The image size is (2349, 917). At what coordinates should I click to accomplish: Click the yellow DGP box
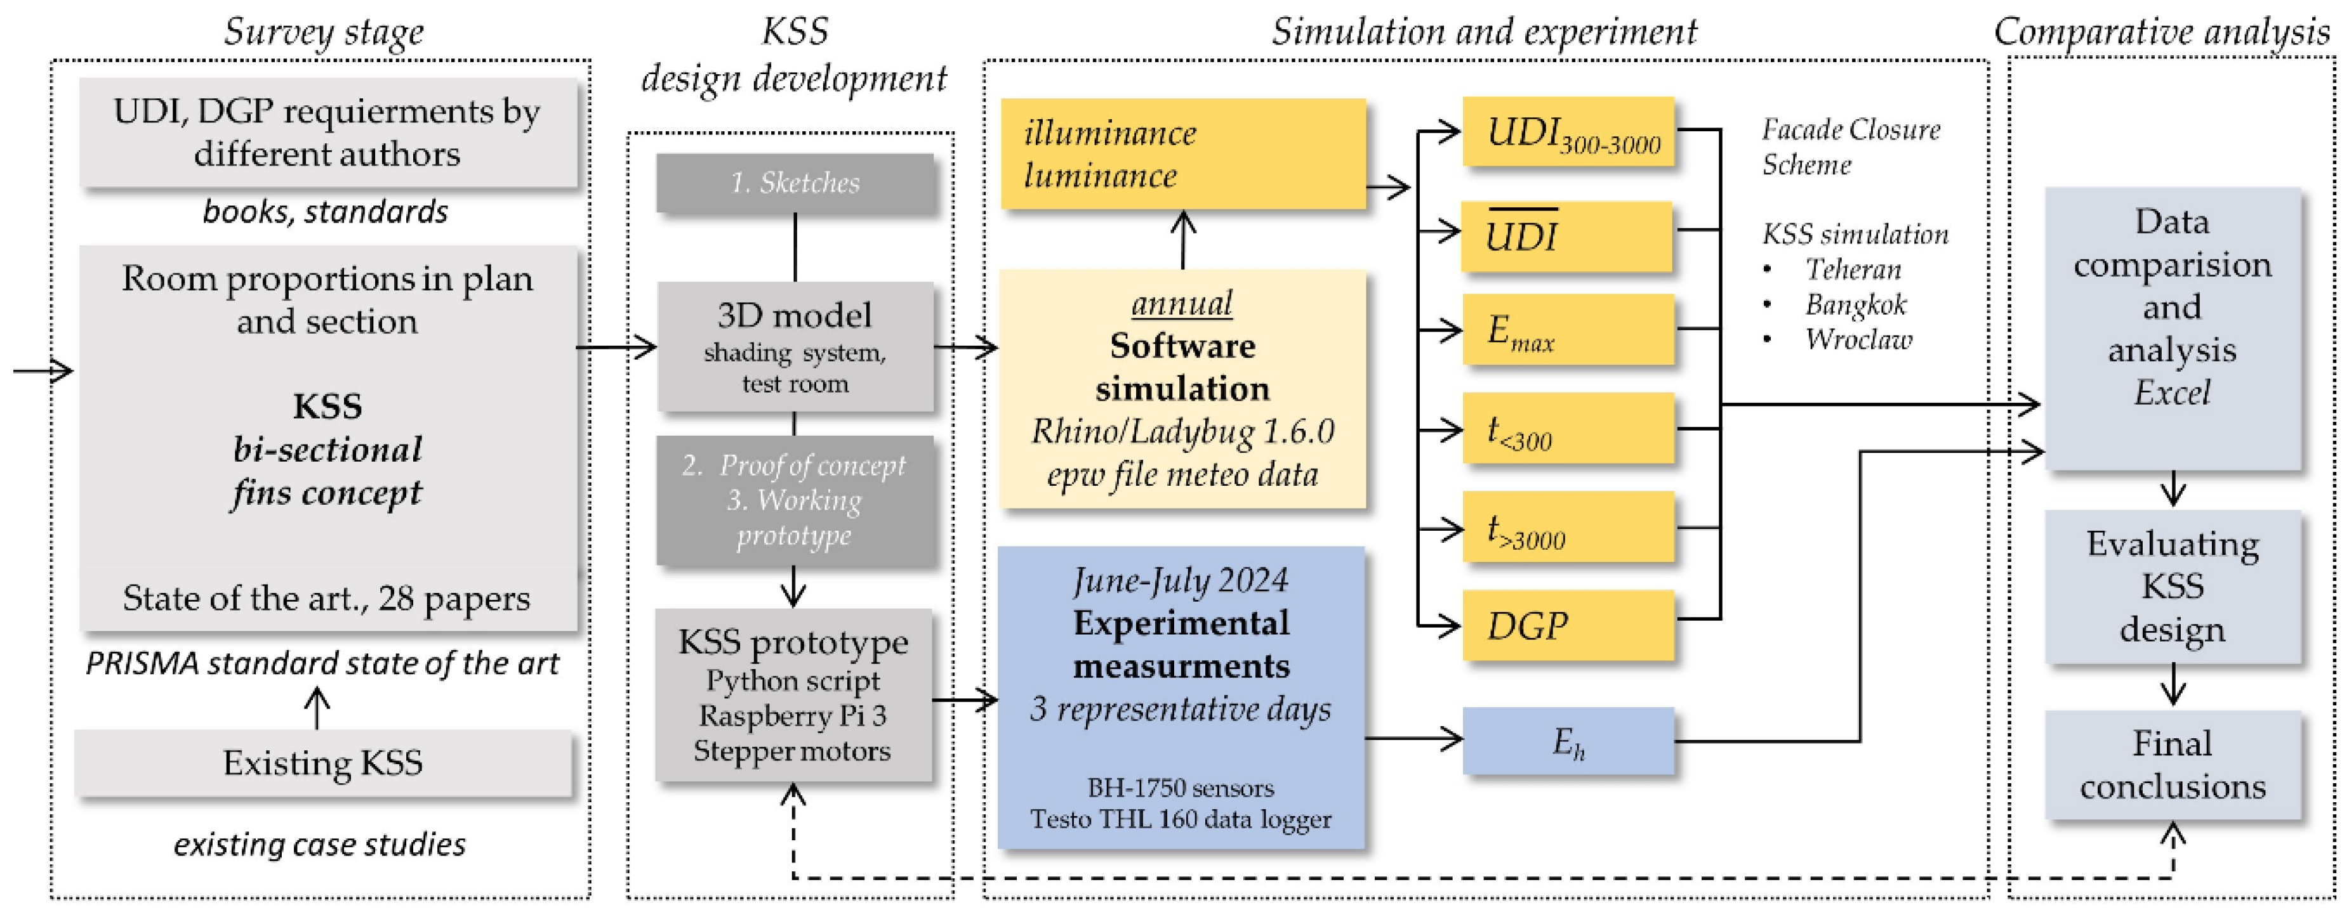click(1568, 625)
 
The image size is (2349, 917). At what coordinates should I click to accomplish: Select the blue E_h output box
click(1568, 741)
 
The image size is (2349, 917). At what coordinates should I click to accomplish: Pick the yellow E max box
click(1568, 329)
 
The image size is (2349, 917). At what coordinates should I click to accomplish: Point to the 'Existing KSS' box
click(323, 763)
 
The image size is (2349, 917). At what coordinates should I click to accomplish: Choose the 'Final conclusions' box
click(2172, 765)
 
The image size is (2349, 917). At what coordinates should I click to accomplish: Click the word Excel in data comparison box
click(2172, 393)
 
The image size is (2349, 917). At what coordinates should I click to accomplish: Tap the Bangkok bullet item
click(1855, 304)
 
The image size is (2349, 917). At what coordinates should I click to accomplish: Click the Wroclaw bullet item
click(1858, 339)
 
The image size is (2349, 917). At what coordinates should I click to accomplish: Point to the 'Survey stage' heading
click(324, 32)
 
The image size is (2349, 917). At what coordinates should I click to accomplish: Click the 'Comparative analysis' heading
click(2161, 32)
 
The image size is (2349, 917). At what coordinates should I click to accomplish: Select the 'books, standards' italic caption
click(324, 211)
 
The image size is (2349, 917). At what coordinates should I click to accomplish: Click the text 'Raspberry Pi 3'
click(793, 715)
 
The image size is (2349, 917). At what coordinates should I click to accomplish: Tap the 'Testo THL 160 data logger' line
click(1181, 819)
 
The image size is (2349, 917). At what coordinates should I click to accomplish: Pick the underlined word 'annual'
click(1182, 302)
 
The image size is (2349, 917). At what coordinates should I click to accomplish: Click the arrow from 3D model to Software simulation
click(967, 346)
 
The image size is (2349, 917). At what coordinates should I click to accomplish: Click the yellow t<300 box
click(1568, 429)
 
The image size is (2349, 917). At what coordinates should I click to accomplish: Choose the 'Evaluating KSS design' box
click(2172, 586)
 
